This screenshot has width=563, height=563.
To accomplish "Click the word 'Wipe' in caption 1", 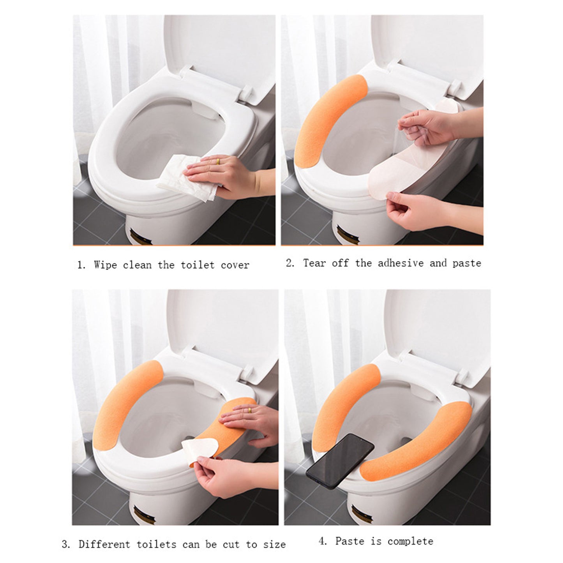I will click(105, 265).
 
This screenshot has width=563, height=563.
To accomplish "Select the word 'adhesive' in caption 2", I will click(401, 263).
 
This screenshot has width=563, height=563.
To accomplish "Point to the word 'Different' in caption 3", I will click(104, 544).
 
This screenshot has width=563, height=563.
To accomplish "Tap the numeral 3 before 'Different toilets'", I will click(65, 544).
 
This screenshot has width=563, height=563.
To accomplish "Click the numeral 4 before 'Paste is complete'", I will click(322, 541).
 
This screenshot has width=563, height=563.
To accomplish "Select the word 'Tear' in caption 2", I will click(314, 263).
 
